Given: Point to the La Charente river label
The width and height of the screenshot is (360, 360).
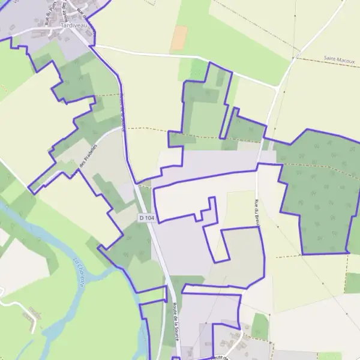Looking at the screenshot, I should (79, 271).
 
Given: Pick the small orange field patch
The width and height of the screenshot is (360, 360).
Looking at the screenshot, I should (179, 38).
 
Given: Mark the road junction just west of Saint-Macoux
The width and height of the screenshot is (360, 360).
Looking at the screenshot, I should (277, 88).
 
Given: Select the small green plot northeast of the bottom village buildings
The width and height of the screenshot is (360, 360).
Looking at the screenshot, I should (260, 326).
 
